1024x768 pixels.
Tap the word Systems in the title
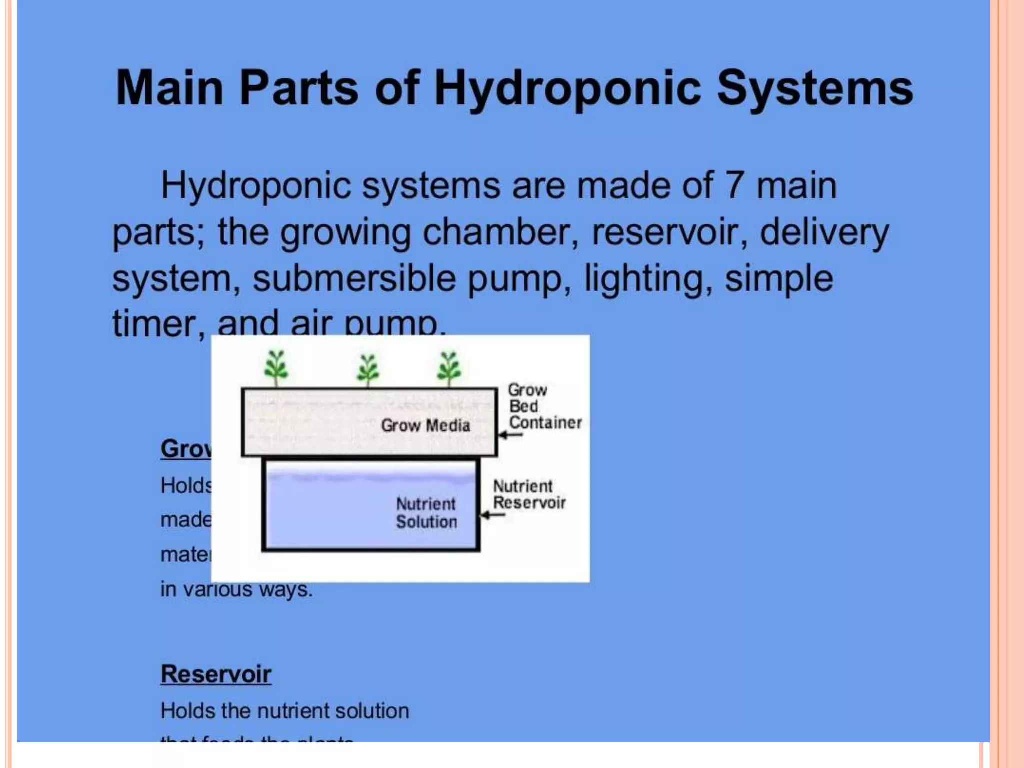pyautogui.click(x=815, y=88)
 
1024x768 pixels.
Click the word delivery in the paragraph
pyautogui.click(x=824, y=232)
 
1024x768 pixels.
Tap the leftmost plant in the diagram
pyautogui.click(x=276, y=367)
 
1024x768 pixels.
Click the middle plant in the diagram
pyautogui.click(x=368, y=370)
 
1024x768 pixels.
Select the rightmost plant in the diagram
pyautogui.click(x=448, y=368)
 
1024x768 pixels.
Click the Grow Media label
pyautogui.click(x=425, y=426)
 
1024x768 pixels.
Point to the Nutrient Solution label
pyautogui.click(x=426, y=513)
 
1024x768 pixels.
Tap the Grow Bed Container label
pyautogui.click(x=544, y=406)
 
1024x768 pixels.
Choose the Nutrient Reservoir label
pyautogui.click(x=529, y=494)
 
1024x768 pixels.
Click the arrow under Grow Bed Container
pyautogui.click(x=510, y=435)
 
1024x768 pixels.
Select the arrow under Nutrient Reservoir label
pyautogui.click(x=492, y=515)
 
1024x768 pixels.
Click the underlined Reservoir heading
pyautogui.click(x=216, y=674)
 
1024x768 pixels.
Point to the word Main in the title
pyautogui.click(x=169, y=88)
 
